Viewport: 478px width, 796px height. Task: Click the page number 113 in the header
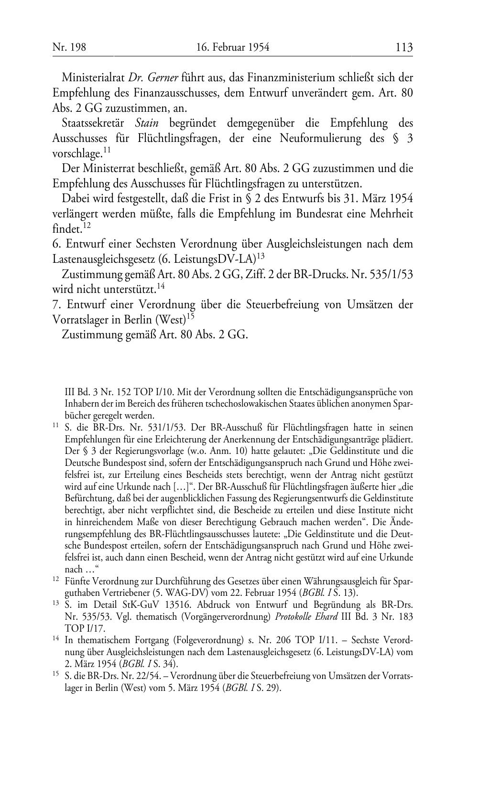(x=404, y=47)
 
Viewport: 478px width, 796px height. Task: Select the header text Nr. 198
(x=65, y=47)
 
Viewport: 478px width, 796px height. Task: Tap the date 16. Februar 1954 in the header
(x=233, y=47)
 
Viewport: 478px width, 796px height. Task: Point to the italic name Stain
(x=147, y=123)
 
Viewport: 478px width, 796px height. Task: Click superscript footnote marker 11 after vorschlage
(x=107, y=151)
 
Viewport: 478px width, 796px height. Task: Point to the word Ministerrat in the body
(x=107, y=169)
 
